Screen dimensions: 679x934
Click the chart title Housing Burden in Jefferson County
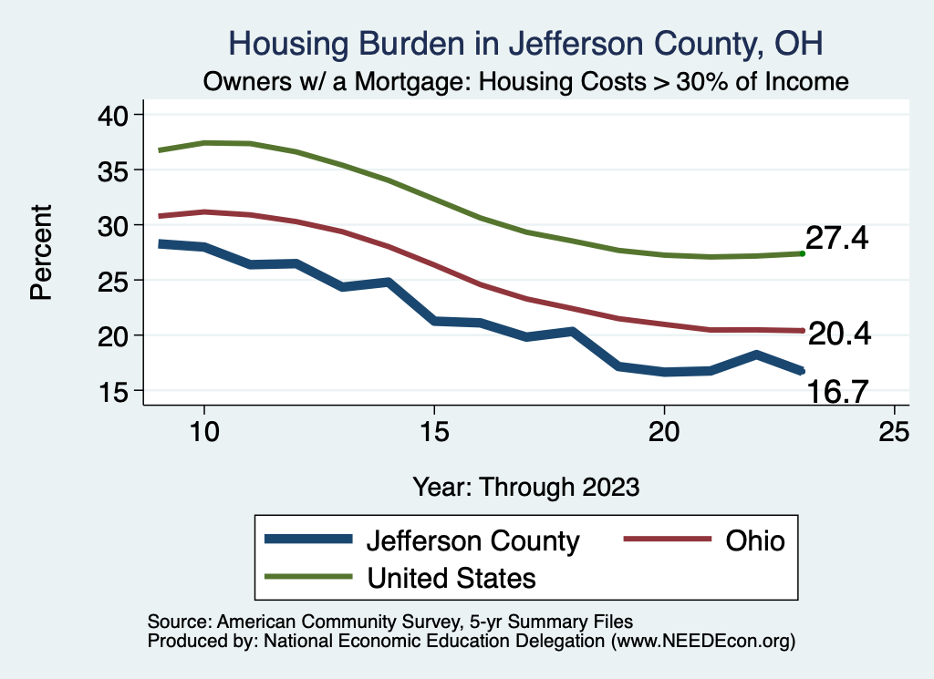pyautogui.click(x=526, y=44)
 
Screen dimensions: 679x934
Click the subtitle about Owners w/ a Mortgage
pyautogui.click(x=526, y=81)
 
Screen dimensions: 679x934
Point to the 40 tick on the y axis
pyautogui.click(x=119, y=115)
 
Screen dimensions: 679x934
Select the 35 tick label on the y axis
pyautogui.click(x=119, y=170)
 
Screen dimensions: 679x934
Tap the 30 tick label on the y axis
pyautogui.click(x=119, y=225)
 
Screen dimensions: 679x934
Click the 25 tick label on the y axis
pyautogui.click(x=119, y=281)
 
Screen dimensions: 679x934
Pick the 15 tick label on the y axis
pyautogui.click(x=119, y=391)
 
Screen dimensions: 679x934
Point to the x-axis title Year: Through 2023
pyautogui.click(x=526, y=486)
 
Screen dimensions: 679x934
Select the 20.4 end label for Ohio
pyautogui.click(x=840, y=334)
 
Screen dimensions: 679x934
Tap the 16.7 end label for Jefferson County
pyautogui.click(x=836, y=392)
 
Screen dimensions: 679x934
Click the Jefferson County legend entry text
pyautogui.click(x=472, y=540)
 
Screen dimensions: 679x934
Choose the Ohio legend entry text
pyautogui.click(x=755, y=540)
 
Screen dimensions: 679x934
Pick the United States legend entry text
pyautogui.click(x=451, y=577)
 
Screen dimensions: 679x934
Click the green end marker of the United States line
pyautogui.click(x=802, y=253)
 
